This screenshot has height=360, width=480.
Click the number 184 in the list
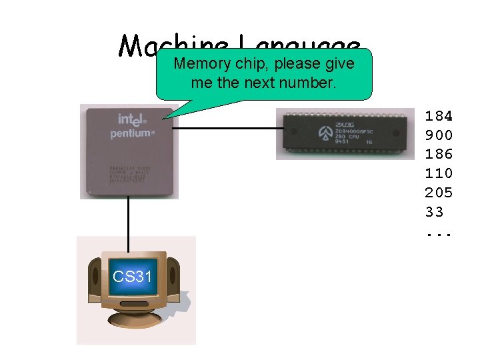439,115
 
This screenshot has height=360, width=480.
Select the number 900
439,135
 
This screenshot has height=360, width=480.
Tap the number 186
439,154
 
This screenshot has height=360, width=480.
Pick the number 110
439,173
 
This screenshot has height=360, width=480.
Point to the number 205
439,193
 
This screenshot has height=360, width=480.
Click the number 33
434,213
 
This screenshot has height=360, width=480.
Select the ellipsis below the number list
439,233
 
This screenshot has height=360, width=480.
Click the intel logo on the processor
131,119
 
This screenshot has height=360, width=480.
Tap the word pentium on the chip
132,133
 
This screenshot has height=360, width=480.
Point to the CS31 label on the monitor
132,275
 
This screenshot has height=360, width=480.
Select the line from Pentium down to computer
128,220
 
